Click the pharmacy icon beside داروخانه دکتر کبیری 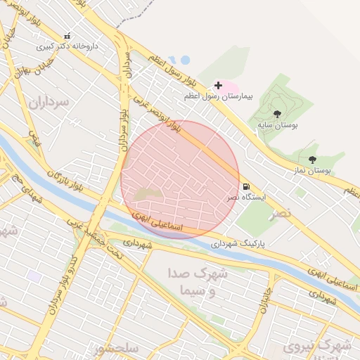67,36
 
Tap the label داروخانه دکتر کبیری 68,46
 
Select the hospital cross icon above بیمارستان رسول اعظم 218,85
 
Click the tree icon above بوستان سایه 277,114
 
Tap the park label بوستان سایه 277,124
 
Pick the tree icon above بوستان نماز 312,160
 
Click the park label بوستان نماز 311,170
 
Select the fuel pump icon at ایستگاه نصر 246,187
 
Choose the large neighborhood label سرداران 50,102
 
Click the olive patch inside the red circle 149,193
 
